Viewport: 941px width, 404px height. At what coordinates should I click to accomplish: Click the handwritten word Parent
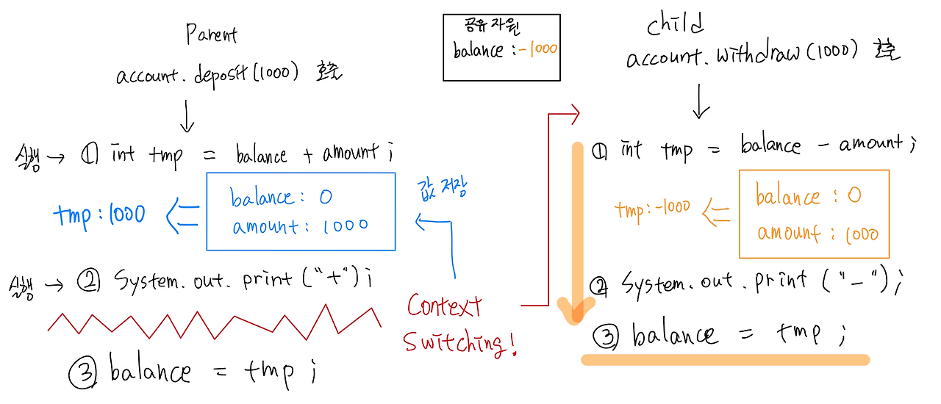point(212,33)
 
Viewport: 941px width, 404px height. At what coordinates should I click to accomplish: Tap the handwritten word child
point(676,26)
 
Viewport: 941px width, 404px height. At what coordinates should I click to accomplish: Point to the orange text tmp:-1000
point(654,208)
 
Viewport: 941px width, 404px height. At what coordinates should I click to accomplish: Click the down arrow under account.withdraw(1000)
point(701,102)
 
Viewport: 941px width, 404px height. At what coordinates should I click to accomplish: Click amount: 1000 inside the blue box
point(300,227)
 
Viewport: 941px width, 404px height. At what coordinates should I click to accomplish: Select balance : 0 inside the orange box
point(808,196)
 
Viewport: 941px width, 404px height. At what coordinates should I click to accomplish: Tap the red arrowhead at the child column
point(573,113)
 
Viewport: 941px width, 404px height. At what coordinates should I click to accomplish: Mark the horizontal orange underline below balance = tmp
point(725,360)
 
